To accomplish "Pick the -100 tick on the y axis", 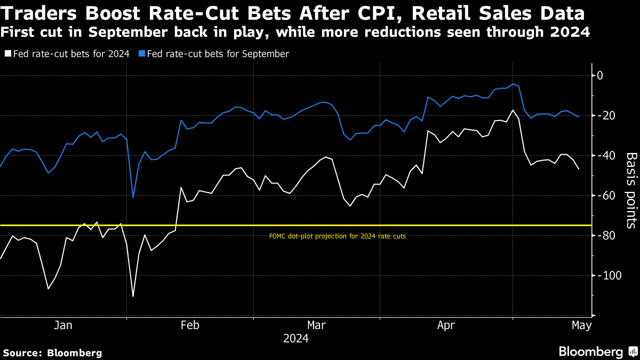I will coord(607,276).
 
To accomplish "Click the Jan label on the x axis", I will coord(63,325).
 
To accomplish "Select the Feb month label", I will coord(190,325).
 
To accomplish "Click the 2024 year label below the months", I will coord(296,339).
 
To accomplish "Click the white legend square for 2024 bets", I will coord(7,54).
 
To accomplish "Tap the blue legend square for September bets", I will coord(141,54).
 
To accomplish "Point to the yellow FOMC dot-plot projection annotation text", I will coord(338,236).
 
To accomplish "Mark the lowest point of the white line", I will coord(133,297).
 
